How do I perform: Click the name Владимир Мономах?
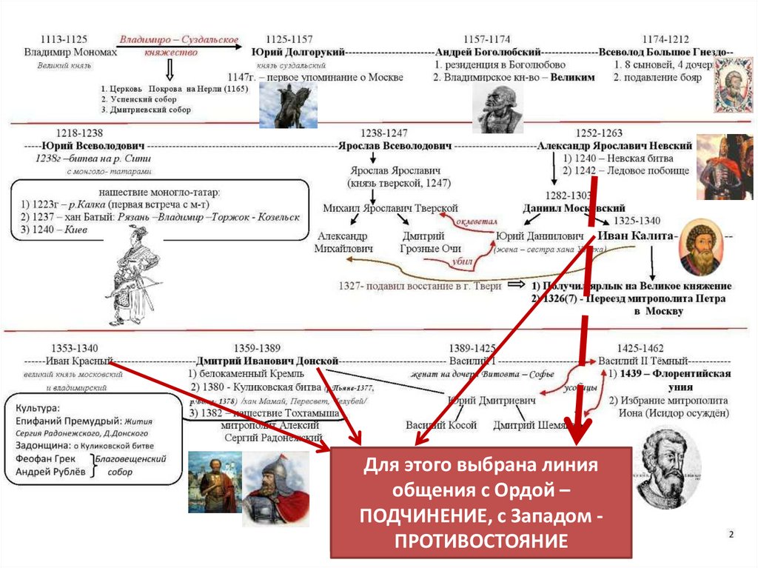click(x=70, y=53)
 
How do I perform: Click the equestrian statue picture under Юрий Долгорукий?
click(x=285, y=106)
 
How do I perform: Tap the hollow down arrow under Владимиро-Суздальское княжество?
click(x=170, y=70)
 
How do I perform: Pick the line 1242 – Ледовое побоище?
click(x=626, y=170)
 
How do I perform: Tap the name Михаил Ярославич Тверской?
click(x=390, y=208)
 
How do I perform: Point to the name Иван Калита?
click(x=639, y=235)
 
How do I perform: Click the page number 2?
click(x=731, y=535)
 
